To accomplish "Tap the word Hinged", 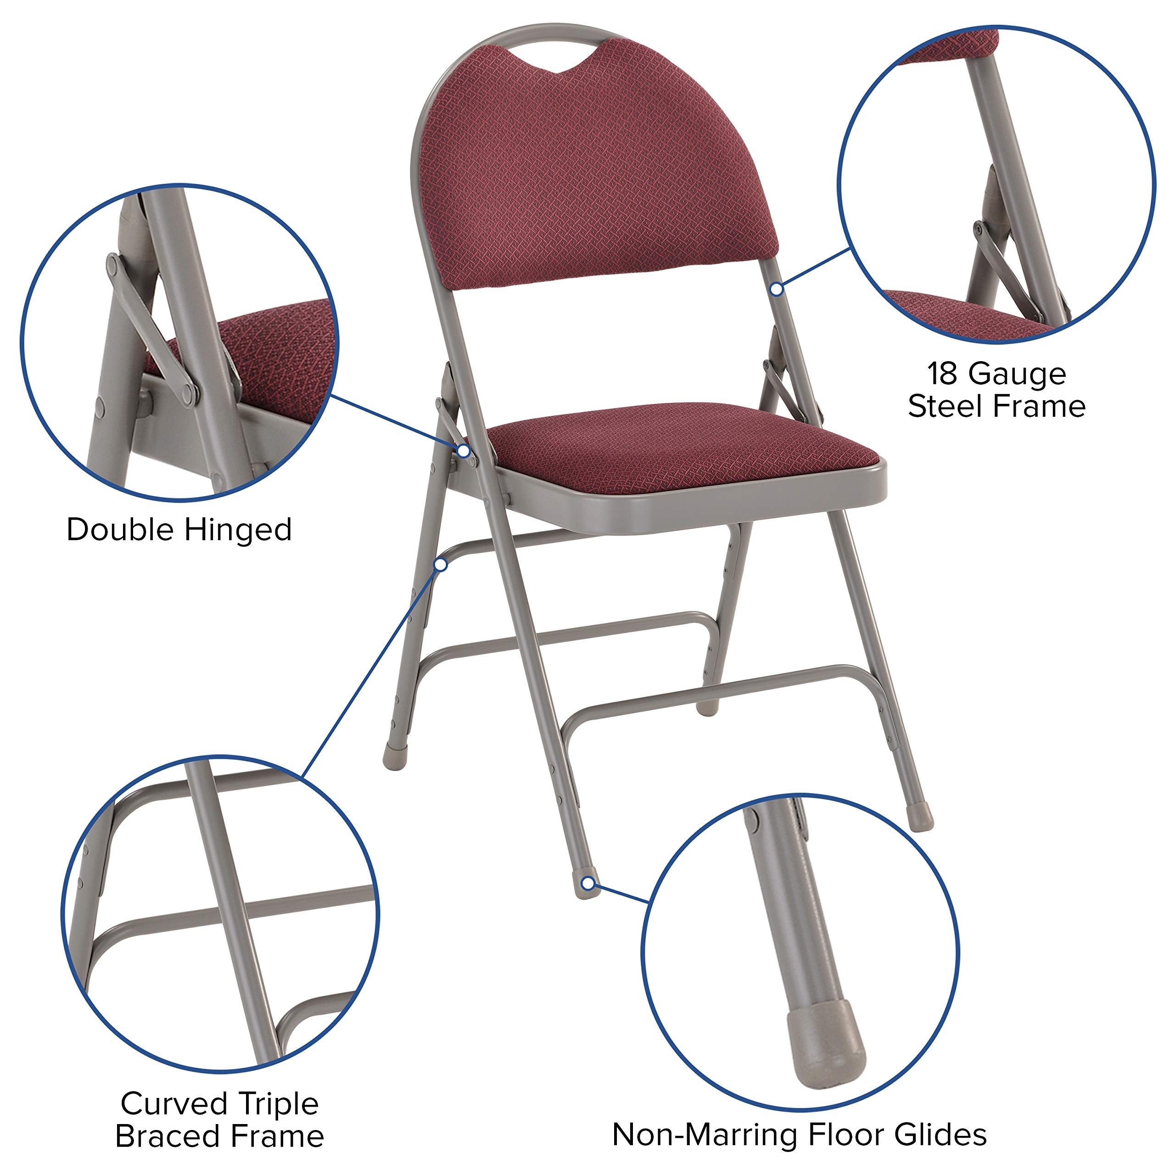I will (238, 530).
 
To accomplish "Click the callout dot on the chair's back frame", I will (777, 290).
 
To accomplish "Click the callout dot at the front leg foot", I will (587, 883).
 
